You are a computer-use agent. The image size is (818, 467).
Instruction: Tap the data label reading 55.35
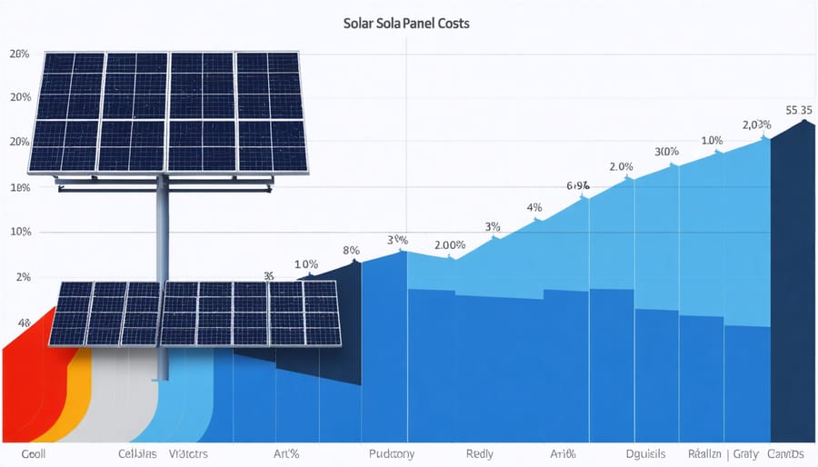point(799,110)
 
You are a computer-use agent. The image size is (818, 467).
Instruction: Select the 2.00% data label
point(450,245)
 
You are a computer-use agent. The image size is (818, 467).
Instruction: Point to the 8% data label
point(352,250)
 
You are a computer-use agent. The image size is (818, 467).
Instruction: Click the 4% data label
point(534,207)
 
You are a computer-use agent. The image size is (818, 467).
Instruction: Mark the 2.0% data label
point(621,166)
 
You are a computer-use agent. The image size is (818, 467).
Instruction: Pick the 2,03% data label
point(756,124)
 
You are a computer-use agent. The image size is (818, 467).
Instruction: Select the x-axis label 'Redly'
point(480,452)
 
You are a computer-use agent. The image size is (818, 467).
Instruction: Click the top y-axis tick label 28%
point(19,55)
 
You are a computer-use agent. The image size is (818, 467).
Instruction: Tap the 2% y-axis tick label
point(21,277)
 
